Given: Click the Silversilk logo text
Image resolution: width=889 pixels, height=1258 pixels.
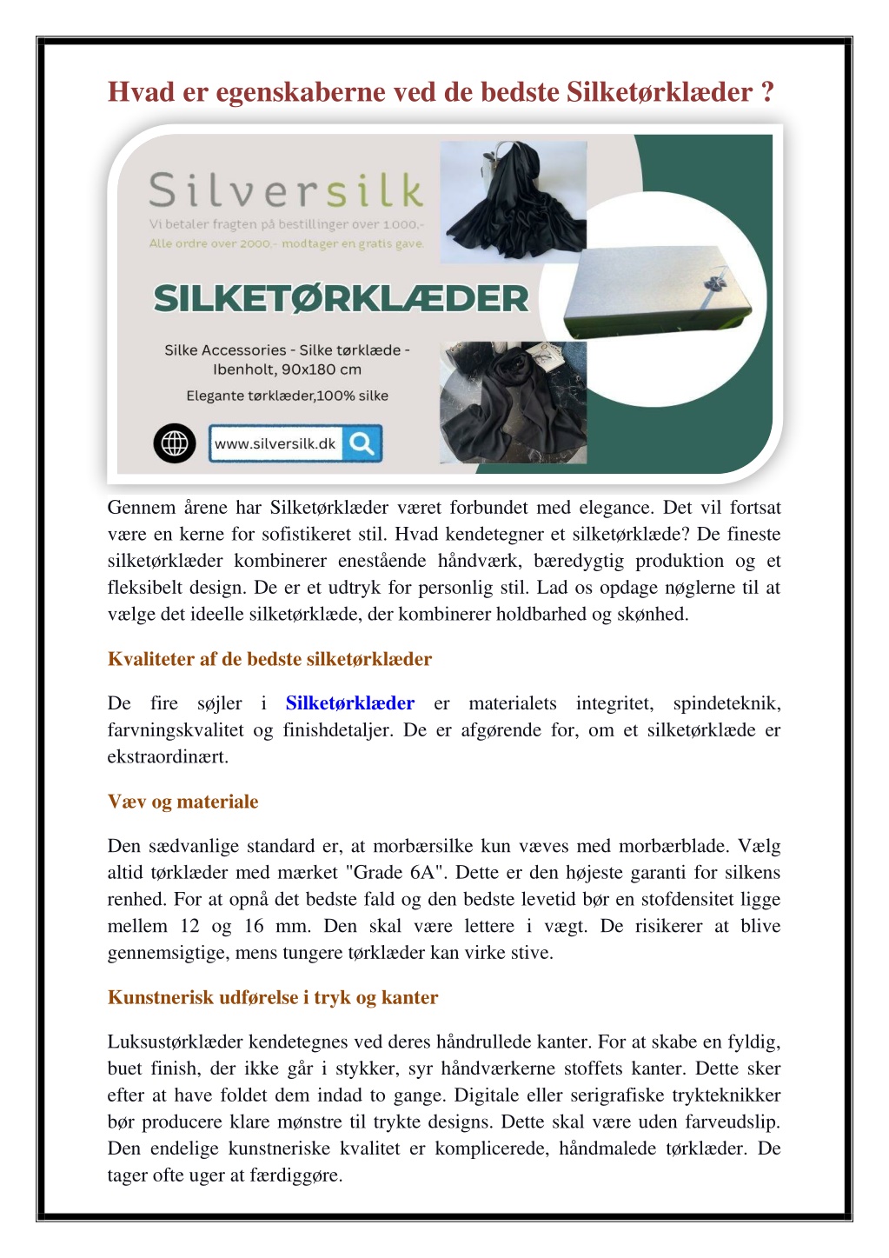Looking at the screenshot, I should coord(286,190).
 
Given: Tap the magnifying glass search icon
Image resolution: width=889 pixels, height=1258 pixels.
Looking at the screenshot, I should coord(362,443).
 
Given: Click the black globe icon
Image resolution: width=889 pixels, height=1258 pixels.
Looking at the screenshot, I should coord(175,443).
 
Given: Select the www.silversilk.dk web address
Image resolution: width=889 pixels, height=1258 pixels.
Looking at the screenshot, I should coord(275,443).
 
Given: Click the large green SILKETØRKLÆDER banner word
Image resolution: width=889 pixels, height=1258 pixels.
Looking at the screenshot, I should coord(341,299).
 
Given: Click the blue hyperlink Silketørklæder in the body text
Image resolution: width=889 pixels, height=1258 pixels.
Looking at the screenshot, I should coord(349,703).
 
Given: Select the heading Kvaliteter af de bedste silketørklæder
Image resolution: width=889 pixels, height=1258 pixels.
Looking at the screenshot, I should coord(269,659).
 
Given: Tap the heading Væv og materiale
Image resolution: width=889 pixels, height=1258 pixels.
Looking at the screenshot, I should coord(182,802).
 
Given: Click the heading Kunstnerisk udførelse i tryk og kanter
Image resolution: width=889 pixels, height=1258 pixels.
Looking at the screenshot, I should coord(272,997).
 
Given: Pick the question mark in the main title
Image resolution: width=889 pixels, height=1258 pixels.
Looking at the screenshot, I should coord(766,92).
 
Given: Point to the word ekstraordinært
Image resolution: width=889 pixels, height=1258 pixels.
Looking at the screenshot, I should coord(168,757).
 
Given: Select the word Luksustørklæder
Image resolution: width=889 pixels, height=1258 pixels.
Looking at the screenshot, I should coord(175,1042).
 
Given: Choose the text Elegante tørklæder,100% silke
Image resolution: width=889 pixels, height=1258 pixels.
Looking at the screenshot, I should coord(287,396).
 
